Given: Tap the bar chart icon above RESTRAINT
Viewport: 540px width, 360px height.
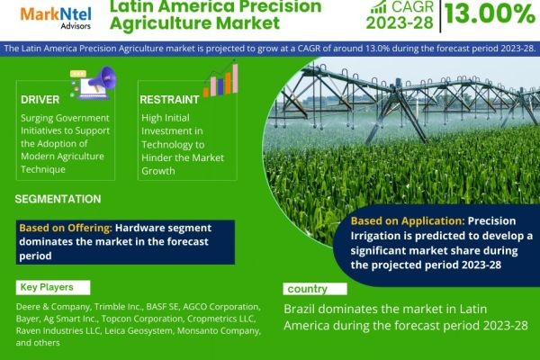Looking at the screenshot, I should pos(220,79).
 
